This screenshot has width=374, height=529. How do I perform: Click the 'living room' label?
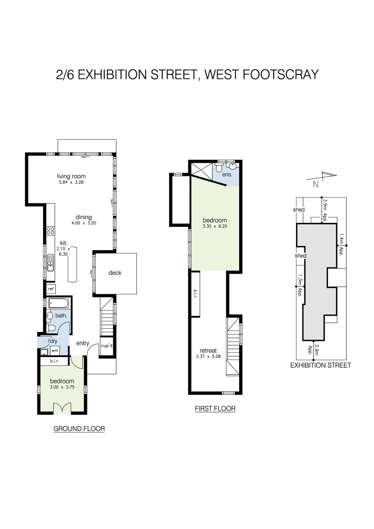coord(71,176)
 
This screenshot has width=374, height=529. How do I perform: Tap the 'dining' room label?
coord(83,217)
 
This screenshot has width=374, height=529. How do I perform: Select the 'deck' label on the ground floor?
coord(115,273)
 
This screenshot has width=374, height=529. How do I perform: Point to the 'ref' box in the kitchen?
coord(50,289)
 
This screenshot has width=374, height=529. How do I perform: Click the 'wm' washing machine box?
coord(54,351)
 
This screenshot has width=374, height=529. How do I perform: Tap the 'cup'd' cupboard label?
coord(107,345)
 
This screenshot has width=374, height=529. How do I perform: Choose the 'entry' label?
coord(82,343)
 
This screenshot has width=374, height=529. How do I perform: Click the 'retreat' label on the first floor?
coord(208,351)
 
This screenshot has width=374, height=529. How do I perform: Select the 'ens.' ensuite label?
coord(227,174)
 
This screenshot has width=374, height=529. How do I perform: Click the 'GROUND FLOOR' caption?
coord(79,429)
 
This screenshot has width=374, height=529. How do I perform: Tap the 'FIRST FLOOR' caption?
coord(215,408)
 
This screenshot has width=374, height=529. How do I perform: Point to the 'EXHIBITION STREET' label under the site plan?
coord(321,365)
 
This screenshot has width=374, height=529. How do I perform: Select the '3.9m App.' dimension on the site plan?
coord(324,210)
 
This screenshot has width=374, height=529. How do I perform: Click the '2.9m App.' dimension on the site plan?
coord(314,350)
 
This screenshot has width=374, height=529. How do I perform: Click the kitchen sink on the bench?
coord(50,266)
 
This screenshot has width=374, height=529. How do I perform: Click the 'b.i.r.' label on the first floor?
coord(195,294)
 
